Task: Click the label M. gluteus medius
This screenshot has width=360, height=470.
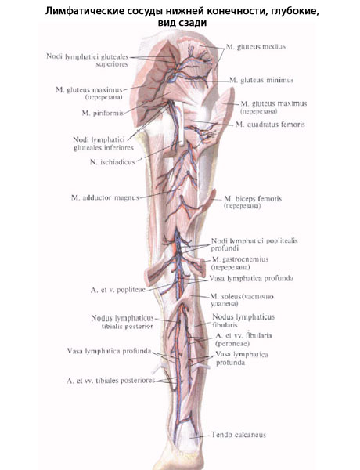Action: coord(256,47)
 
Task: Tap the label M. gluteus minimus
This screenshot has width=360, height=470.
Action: coord(261,80)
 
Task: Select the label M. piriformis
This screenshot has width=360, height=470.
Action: coord(103,113)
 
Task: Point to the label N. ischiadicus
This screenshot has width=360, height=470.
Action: coord(113,162)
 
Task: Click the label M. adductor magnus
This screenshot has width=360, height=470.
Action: coord(106,198)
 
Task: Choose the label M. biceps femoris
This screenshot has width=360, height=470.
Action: coord(253,199)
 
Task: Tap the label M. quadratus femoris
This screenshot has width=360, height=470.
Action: coord(270,125)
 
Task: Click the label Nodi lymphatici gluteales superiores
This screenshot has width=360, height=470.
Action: coord(88,60)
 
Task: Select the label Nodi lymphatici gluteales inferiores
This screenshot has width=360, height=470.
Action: coord(103,143)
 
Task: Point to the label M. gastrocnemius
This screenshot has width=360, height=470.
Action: coord(240,259)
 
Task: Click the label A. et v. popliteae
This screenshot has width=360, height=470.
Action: coord(118,290)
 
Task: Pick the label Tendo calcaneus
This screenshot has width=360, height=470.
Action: coord(239,435)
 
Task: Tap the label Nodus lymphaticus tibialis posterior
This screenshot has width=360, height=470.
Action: coord(122,322)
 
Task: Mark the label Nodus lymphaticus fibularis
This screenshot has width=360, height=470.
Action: coord(243,320)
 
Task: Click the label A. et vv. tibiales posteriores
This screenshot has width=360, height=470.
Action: coord(111,381)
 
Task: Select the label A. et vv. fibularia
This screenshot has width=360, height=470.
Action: coord(243,335)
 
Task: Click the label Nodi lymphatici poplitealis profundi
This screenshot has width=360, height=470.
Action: coord(254,244)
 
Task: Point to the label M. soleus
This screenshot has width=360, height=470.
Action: coord(225,297)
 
